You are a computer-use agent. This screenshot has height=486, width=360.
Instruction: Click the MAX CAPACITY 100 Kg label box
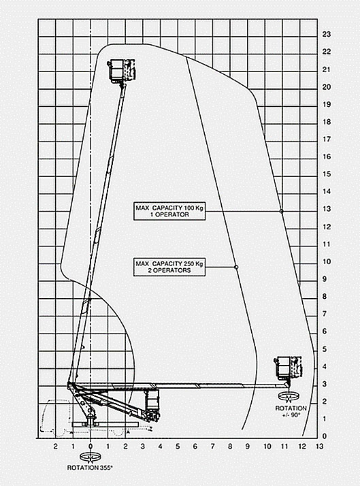pos(169,211)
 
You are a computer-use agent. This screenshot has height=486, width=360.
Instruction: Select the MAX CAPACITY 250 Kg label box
pos(169,267)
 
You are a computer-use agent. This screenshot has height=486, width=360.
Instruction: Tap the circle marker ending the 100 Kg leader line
pos(281,212)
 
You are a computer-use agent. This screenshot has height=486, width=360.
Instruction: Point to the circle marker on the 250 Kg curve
pos(236,267)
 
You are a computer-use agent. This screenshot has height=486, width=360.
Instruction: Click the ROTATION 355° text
pos(90,468)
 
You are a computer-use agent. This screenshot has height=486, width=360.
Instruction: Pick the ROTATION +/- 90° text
pos(291,411)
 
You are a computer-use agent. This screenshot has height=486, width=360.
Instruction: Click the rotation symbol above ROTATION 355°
pos(91,457)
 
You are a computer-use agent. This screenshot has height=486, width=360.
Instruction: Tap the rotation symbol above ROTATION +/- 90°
pos(289,396)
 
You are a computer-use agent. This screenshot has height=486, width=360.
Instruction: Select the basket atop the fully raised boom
pos(121,71)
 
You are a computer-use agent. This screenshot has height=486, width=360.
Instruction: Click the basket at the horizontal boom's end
pos(288,368)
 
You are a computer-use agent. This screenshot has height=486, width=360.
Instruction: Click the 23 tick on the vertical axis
pos(327,34)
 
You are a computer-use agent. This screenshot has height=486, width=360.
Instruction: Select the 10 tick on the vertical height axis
pos(327,261)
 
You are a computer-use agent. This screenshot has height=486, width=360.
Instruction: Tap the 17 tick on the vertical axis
pos(327,139)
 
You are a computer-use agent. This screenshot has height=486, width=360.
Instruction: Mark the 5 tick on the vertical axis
pos(325,349)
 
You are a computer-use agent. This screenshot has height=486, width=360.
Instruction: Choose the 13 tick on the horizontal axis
pos(319,447)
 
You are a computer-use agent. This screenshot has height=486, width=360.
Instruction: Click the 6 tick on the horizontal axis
pos(195,447)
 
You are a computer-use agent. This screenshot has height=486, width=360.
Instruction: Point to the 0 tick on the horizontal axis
pos(91,447)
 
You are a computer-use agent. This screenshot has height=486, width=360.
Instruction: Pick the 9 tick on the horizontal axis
pos(247,447)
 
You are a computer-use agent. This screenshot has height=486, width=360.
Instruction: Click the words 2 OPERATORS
pos(169,270)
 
